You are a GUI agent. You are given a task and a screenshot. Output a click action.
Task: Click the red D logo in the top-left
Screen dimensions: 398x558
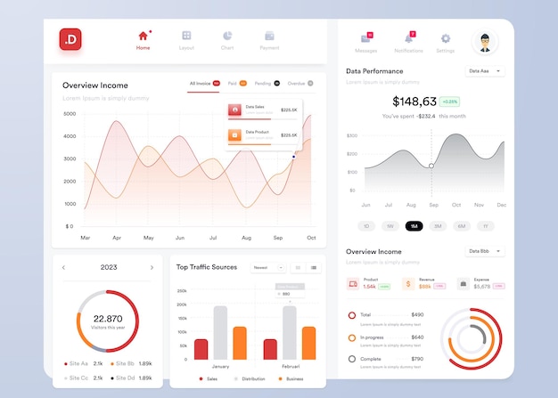point(70,38)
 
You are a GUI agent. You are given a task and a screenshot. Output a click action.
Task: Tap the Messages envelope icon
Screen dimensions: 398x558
point(365,38)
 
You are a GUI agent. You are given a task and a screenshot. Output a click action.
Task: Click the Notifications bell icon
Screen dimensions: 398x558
point(408,38)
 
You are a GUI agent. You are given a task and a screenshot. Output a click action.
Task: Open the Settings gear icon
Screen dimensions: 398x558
point(446,38)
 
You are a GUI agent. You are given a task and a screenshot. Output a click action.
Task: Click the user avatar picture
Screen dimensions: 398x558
point(485,41)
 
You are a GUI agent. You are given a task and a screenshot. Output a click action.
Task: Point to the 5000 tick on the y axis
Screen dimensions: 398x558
point(70,114)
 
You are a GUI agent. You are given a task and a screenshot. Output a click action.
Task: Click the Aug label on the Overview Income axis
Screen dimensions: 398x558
point(246,238)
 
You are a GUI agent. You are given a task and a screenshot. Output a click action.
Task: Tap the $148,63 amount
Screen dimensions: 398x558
point(414,102)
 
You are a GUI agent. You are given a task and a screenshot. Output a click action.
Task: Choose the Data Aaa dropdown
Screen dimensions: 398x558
point(485,71)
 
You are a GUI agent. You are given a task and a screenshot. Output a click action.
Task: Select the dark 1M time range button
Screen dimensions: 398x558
point(414,226)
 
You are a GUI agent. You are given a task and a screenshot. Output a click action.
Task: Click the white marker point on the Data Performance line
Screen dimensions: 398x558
point(431,166)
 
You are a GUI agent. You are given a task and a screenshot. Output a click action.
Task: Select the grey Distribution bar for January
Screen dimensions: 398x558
point(220,333)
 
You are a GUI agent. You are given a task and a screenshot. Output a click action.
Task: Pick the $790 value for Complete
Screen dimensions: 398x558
point(417,359)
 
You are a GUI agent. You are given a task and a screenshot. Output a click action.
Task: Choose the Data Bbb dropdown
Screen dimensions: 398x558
point(485,251)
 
